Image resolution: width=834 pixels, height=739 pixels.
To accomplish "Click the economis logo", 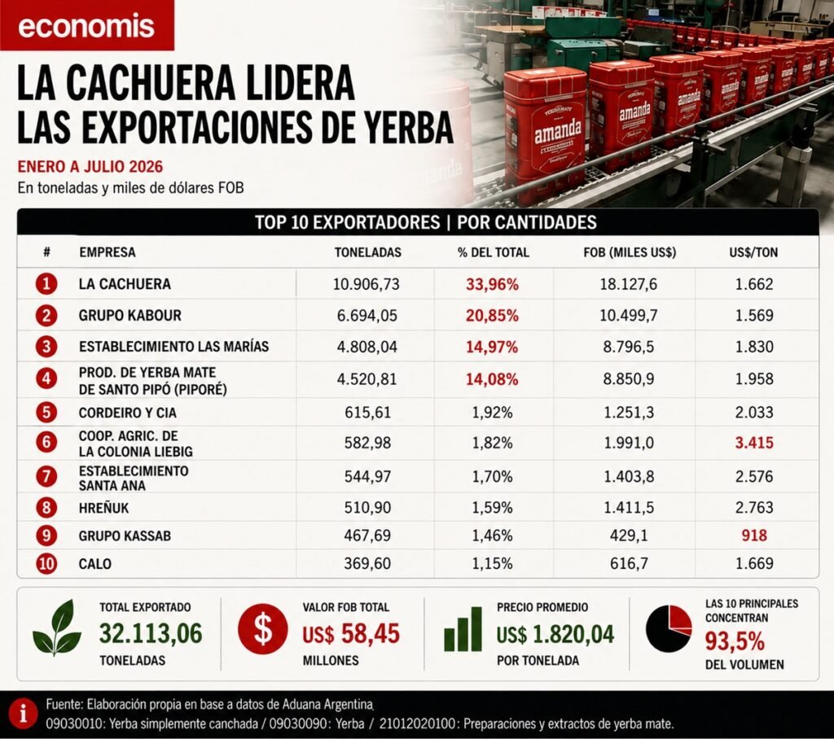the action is click(86, 25).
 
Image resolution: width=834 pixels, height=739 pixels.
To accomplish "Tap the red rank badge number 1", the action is click(46, 283).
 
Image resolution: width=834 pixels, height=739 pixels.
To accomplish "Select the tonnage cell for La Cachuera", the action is click(366, 284).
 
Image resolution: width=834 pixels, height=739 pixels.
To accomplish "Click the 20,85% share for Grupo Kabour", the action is click(492, 316).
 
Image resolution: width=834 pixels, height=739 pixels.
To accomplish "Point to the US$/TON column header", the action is click(753, 252).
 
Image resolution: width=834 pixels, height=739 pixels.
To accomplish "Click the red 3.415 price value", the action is click(754, 442).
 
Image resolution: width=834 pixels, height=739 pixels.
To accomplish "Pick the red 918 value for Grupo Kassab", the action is click(754, 536).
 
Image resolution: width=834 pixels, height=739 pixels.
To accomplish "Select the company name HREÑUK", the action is click(103, 508).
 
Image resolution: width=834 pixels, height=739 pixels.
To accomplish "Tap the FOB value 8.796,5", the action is click(629, 347).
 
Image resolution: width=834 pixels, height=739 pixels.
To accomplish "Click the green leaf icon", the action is click(57, 627).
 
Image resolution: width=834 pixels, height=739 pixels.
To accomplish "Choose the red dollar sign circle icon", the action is click(263, 628).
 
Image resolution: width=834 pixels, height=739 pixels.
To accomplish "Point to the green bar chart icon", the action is click(463, 629).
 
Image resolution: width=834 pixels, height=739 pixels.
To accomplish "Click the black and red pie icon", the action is click(669, 628).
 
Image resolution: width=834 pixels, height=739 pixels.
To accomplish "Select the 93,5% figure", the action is click(735, 641).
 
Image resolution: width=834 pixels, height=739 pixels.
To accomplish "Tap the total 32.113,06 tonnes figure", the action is click(151, 633).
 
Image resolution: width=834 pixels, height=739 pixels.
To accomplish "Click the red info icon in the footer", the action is click(23, 714).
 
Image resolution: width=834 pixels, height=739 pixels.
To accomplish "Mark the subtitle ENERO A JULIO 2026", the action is click(90, 166).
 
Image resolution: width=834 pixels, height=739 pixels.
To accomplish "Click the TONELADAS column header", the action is click(367, 252).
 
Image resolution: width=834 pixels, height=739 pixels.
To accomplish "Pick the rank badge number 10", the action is click(46, 563).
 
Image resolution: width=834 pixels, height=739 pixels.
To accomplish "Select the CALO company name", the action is click(94, 563).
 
